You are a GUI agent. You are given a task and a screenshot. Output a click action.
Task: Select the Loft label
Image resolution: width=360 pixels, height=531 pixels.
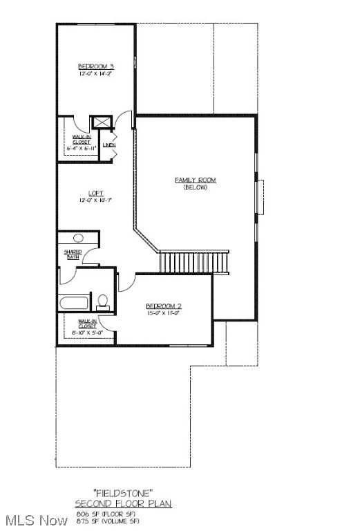click(x=96, y=193)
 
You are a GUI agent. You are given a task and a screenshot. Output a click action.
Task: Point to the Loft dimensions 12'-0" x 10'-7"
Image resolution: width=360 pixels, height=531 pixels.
click(x=96, y=201)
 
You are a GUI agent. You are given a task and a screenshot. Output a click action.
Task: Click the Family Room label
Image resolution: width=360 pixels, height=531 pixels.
click(x=195, y=180)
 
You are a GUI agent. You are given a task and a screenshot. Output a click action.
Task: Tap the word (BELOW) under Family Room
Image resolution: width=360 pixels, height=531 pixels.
click(x=195, y=187)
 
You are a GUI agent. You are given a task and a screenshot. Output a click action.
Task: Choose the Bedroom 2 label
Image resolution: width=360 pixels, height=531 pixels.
click(x=163, y=306)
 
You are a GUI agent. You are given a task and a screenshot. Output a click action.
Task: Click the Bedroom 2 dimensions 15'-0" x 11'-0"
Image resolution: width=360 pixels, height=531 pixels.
click(x=163, y=313)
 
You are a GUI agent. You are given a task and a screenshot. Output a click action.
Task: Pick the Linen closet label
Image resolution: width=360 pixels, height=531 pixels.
click(x=108, y=145)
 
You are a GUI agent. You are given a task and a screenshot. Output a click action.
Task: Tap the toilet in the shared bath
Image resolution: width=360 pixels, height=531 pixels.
click(x=103, y=301)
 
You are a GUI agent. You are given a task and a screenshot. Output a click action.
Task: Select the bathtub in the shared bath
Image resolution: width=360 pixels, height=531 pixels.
click(x=75, y=302)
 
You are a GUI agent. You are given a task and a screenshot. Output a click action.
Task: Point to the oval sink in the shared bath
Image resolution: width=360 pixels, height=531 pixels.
click(x=78, y=238)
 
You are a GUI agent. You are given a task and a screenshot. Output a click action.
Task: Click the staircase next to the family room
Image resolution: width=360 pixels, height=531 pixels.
click(x=193, y=263)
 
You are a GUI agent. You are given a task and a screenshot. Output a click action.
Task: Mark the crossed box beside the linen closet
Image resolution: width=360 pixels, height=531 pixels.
click(x=102, y=122)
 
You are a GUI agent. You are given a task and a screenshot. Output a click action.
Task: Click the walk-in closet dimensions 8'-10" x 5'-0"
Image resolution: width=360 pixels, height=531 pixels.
click(x=87, y=332)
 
